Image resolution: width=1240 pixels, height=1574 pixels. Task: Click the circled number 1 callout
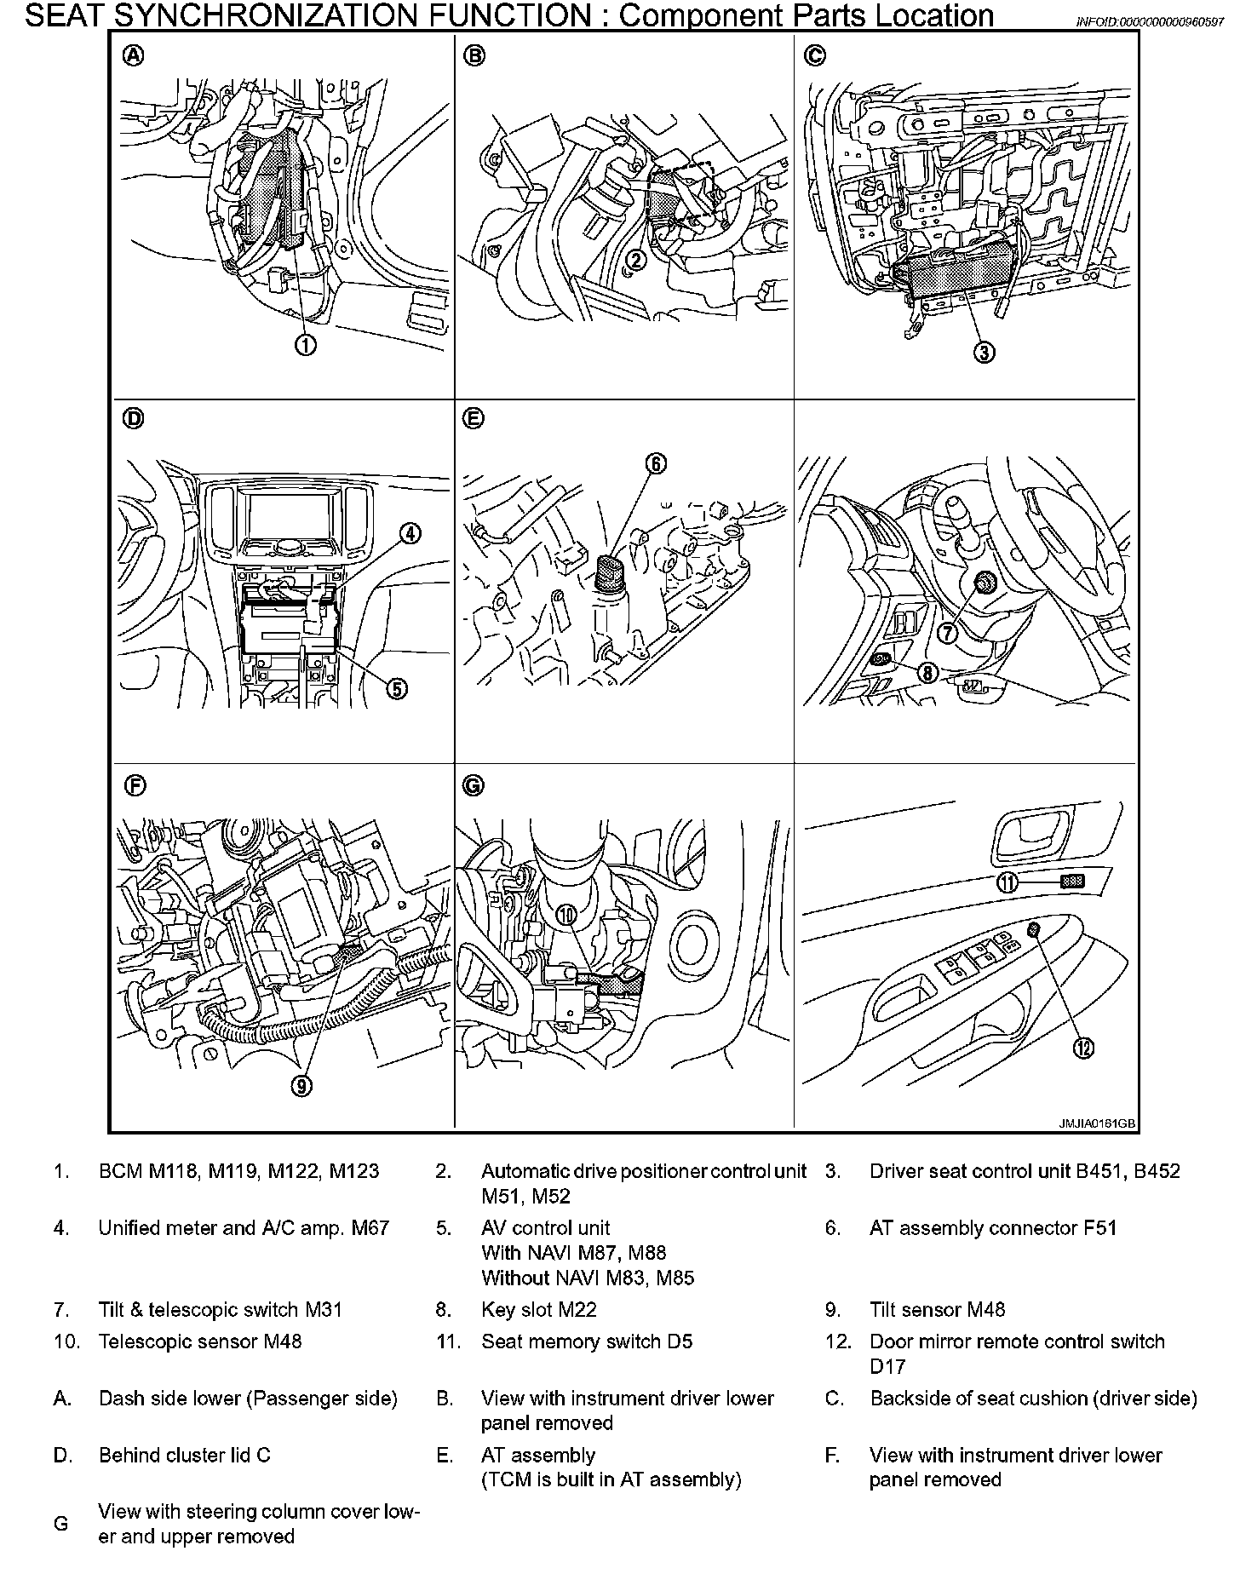[x=305, y=344]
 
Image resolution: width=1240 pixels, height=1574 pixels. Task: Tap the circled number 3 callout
[x=985, y=352]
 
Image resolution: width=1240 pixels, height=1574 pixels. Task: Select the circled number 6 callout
[x=656, y=463]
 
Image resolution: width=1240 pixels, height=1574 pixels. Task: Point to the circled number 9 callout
[x=303, y=1084]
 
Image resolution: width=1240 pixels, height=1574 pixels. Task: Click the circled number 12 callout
[x=1083, y=1048]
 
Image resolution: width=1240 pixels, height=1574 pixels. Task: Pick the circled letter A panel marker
[x=135, y=56]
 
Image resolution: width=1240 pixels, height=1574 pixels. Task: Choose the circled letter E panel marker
[x=474, y=418]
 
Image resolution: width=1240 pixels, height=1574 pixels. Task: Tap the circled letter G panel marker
[x=474, y=785]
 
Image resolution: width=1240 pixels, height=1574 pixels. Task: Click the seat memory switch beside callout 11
[x=1071, y=882]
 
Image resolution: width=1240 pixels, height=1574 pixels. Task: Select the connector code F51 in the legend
[x=1099, y=1228]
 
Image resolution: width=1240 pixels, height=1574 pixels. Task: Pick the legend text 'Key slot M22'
[x=539, y=1310]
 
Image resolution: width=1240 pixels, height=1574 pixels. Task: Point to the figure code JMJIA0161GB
[x=1097, y=1123]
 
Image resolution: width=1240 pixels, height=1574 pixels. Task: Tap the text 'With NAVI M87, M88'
[x=573, y=1253]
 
